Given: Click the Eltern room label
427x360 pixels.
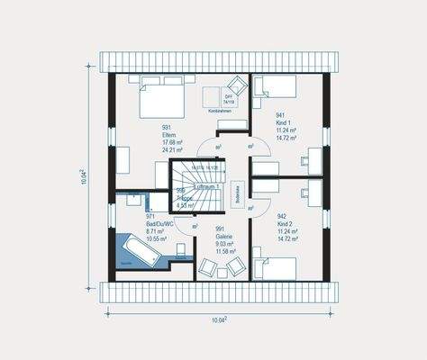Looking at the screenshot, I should click(x=168, y=134).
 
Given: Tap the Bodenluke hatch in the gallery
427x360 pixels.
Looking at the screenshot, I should click(x=236, y=194).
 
